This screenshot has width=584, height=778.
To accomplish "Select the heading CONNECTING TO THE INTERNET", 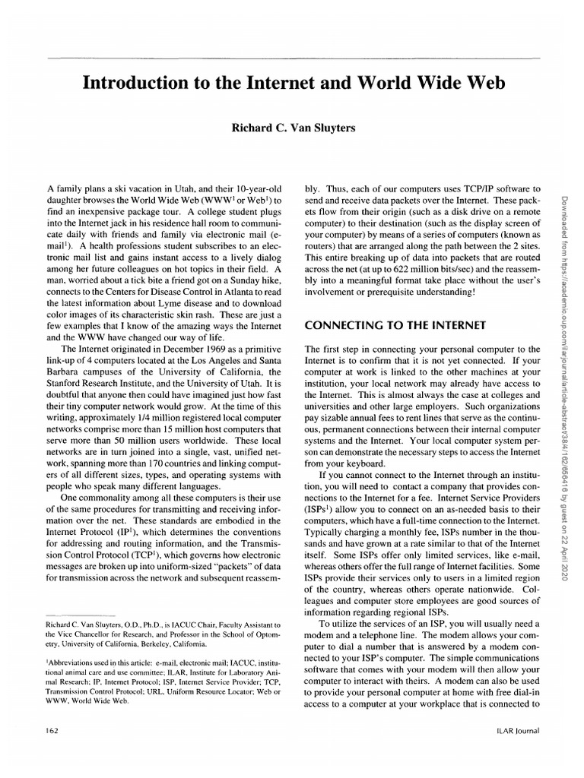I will click(x=395, y=326).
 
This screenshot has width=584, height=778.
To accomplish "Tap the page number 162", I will click(x=53, y=731).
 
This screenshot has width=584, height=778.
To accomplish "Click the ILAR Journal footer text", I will click(x=516, y=731).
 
